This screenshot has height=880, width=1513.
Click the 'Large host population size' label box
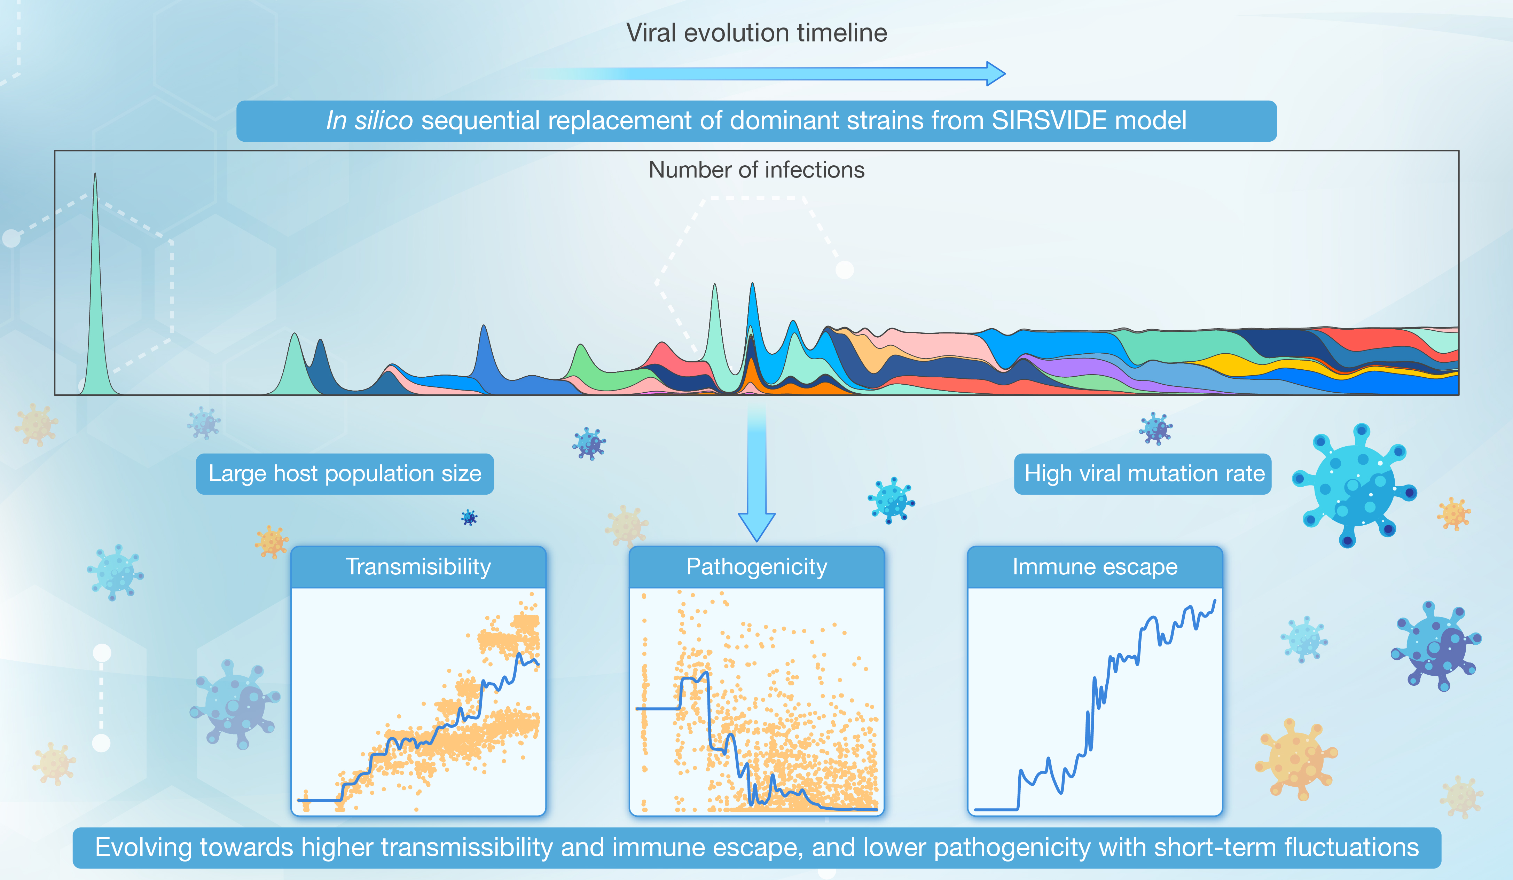click(x=345, y=474)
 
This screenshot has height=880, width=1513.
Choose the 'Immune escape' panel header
click(x=1095, y=567)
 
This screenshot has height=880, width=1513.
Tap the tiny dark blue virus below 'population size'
click(x=469, y=517)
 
